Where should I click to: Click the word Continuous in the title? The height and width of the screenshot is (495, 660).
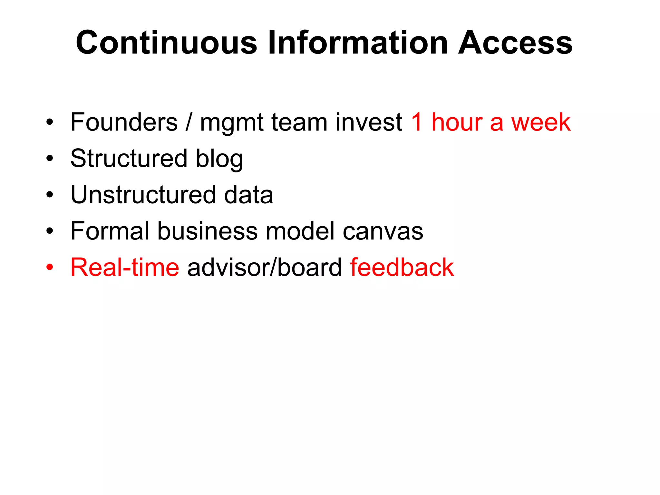166,43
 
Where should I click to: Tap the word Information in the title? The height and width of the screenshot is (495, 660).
358,43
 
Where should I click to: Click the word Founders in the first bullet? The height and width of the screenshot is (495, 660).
124,122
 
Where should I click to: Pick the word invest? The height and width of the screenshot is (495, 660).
369,122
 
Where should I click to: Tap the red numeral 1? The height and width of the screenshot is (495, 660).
417,122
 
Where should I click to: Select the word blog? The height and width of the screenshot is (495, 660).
219,159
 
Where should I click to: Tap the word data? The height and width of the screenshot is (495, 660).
248,195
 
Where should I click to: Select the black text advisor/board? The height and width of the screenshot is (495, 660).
264,267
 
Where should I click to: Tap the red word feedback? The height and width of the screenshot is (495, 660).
402,267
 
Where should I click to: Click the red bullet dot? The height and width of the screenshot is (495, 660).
49,267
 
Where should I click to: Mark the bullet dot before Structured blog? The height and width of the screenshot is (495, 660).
49,159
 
